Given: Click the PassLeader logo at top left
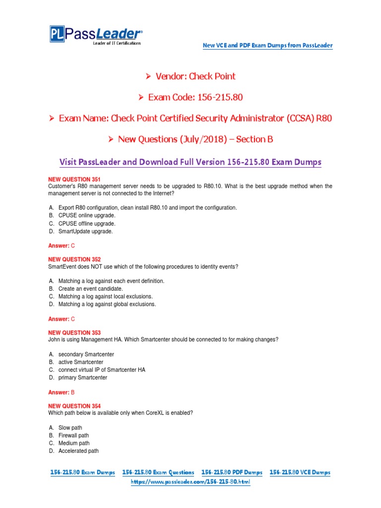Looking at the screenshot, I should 96,35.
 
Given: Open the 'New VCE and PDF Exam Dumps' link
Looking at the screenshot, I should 267,46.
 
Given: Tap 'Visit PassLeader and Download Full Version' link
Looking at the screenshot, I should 190,162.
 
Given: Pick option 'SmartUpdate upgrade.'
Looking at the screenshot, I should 86,231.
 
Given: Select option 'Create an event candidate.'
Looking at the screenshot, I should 90,288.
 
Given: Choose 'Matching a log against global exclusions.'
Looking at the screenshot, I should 107,304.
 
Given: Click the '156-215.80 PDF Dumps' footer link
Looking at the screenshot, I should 232,473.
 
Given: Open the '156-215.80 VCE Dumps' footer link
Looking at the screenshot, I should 300,473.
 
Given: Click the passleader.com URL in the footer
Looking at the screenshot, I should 190,482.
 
